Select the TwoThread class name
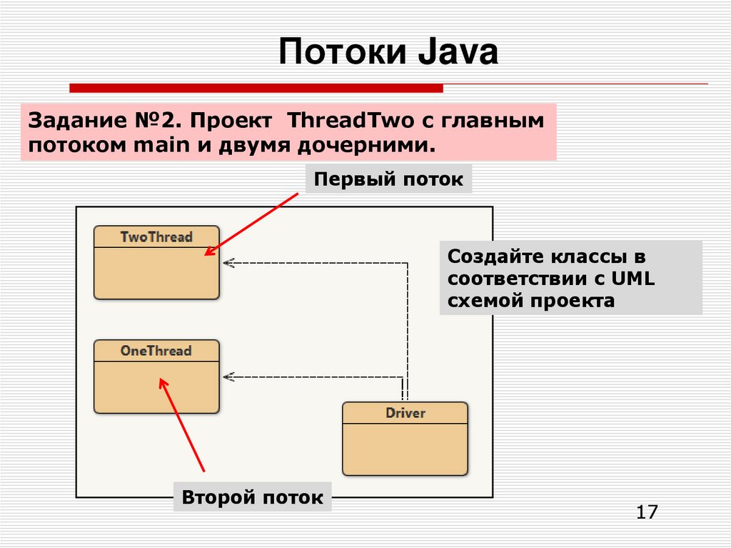click(156, 236)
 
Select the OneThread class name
click(156, 351)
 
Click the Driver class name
click(405, 413)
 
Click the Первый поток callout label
click(388, 179)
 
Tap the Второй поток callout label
click(253, 497)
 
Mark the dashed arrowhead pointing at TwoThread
click(228, 263)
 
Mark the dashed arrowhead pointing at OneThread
click(228, 377)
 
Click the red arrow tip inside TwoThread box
click(206, 254)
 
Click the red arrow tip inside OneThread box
click(161, 381)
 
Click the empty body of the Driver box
click(405, 448)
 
